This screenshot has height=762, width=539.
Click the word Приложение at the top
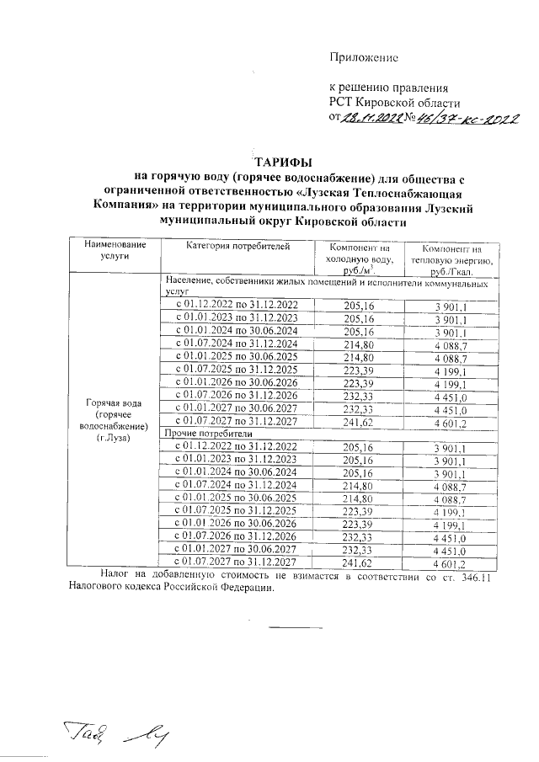click(362, 57)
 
